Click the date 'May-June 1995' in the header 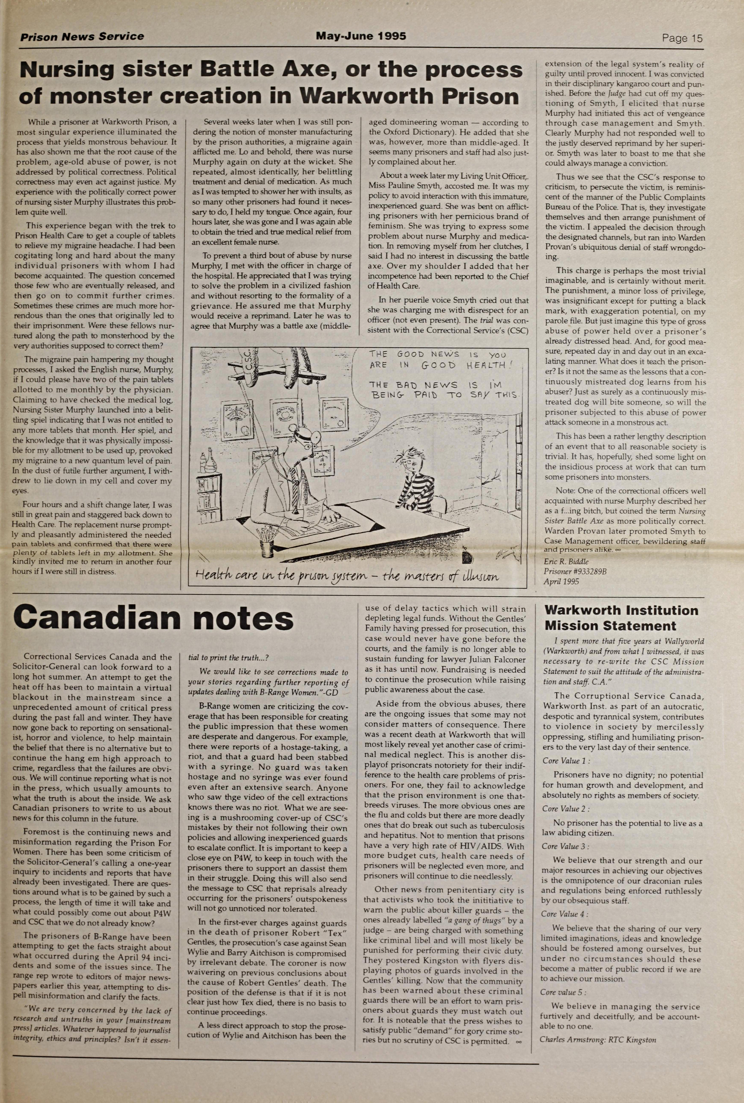tap(361, 36)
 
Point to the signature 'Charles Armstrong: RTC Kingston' tap(598, 1040)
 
